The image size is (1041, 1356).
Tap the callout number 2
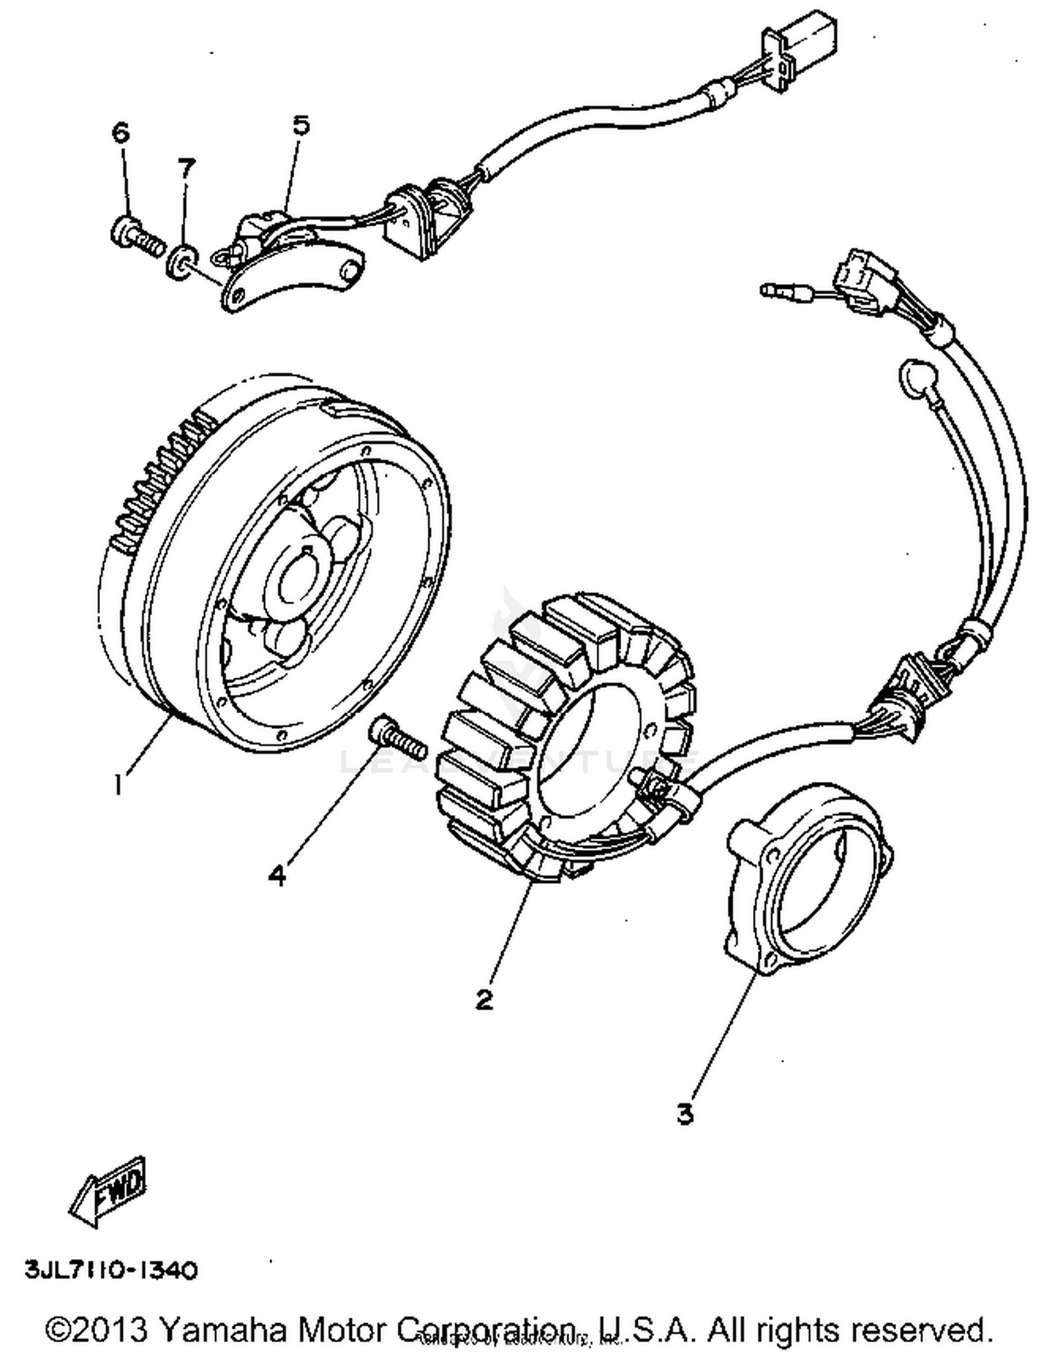tap(484, 999)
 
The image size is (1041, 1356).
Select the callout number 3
tap(685, 1114)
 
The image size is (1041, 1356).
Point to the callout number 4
tap(277, 876)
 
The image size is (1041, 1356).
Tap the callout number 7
tap(186, 168)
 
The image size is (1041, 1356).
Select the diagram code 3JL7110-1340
tap(111, 1271)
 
